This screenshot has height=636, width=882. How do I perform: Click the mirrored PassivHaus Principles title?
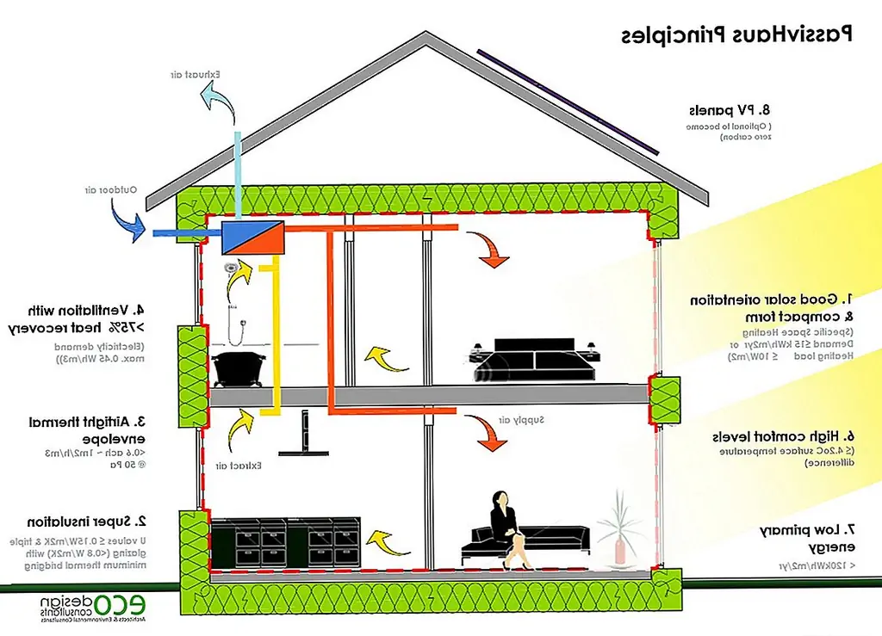(x=736, y=34)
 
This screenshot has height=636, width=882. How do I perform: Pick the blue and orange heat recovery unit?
(x=252, y=236)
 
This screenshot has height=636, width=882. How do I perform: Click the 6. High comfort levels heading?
(x=784, y=436)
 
